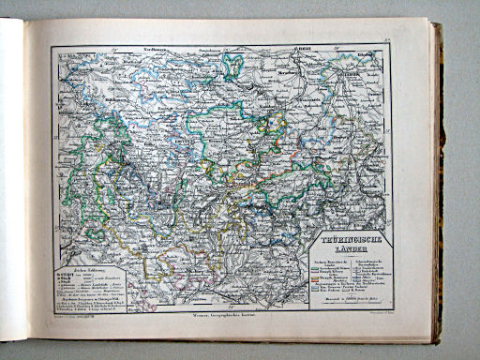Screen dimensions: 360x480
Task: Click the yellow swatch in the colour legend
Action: point(312,270)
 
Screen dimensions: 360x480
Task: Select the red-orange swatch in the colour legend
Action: point(312,277)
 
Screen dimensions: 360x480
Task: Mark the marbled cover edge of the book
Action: point(437,187)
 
